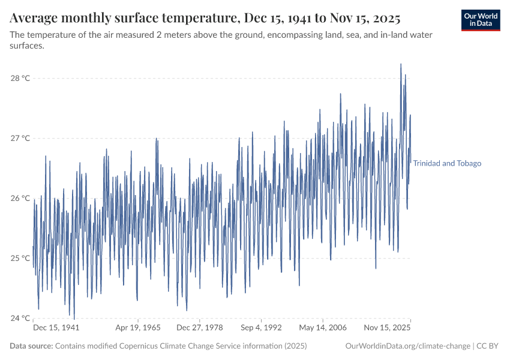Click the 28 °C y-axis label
coord(22,78)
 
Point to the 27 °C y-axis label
coord(22,138)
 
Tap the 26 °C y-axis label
coord(22,198)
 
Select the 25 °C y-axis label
coord(22,258)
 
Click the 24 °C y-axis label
coord(22,318)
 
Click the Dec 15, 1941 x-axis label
coord(56,328)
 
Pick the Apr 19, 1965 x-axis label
coord(138,328)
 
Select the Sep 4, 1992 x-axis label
coord(261,328)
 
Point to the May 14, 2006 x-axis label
coord(323,328)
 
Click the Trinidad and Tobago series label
coord(447,163)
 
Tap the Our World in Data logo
coord(481,20)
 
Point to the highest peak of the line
coord(401,64)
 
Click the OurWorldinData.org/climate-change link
coord(408,346)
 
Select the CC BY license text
coord(490,346)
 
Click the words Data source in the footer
coord(31,346)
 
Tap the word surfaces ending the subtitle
coord(27,46)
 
